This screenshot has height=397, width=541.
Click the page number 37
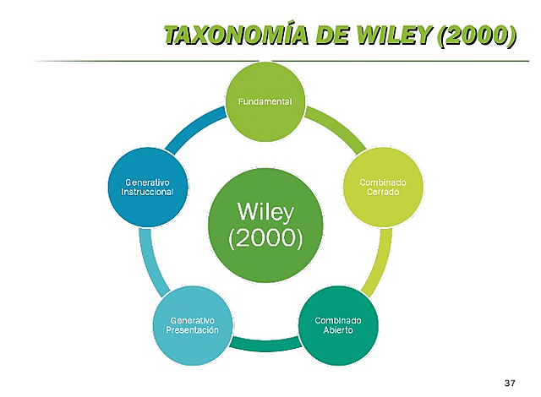pyautogui.click(x=508, y=383)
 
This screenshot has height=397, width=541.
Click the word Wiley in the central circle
pyautogui.click(x=265, y=210)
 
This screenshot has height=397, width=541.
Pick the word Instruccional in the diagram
pyautogui.click(x=150, y=192)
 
